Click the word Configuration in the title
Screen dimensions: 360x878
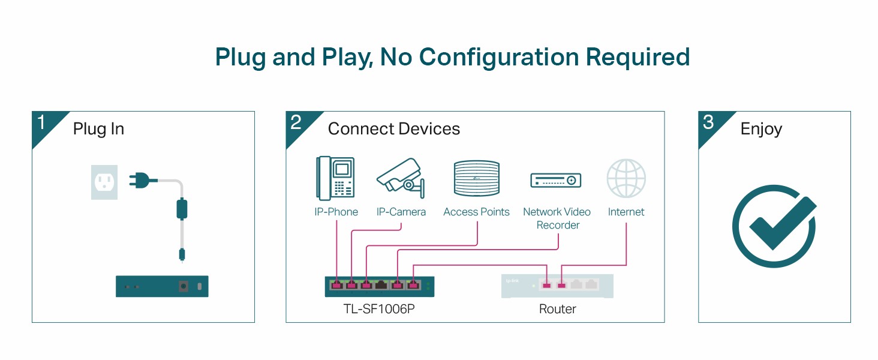pos(499,57)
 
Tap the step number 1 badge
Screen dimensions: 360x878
pos(41,123)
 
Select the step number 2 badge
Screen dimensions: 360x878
pos(296,123)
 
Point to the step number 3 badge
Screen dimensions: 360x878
pos(708,123)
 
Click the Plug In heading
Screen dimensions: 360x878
pos(98,129)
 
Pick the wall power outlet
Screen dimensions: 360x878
pos(104,182)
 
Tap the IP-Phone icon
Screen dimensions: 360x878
pos(336,178)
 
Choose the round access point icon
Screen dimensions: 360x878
pos(476,178)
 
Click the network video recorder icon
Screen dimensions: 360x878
pos(556,179)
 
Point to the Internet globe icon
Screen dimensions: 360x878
pos(626,179)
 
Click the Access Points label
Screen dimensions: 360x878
pos(476,212)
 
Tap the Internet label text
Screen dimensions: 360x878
pos(626,212)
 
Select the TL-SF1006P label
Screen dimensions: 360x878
pos(379,309)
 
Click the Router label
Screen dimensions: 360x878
pos(557,309)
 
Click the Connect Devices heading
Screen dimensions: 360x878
pos(394,129)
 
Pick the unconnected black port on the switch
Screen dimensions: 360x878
pos(382,285)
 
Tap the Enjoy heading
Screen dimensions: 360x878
pos(761,129)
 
